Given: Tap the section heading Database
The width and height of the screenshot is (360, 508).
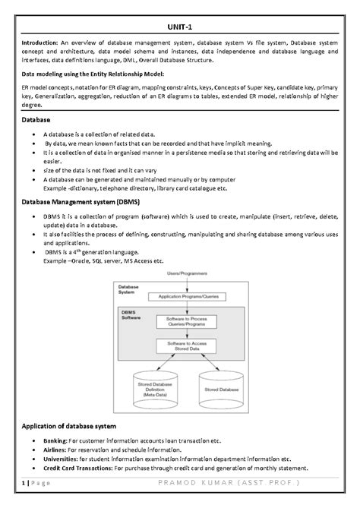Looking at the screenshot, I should (x=36, y=120).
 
